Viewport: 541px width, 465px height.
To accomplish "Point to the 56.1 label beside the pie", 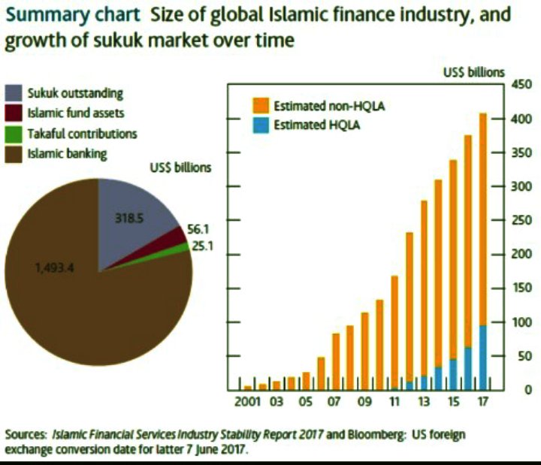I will click(197, 231).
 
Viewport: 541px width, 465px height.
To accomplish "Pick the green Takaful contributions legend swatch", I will click(14, 134).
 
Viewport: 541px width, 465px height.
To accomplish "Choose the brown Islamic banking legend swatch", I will click(14, 154).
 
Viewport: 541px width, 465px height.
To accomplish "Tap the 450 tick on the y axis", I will click(521, 85).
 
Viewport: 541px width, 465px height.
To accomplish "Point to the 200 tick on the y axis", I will click(521, 254).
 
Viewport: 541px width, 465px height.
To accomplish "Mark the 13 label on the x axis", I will click(425, 402).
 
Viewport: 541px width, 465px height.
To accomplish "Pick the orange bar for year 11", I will click(394, 331).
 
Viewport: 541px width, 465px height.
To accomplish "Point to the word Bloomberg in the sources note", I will click(345, 435).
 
